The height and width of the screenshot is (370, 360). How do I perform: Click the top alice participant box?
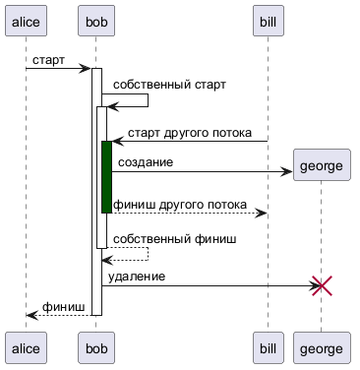pyautogui.click(x=26, y=21)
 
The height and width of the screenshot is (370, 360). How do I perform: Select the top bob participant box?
pyautogui.click(x=96, y=21)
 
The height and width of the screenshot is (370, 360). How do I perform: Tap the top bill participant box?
pyautogui.click(x=268, y=21)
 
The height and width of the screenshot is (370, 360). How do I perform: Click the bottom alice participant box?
pyautogui.click(x=26, y=347)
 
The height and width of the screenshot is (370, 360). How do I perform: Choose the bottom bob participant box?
pyautogui.click(x=96, y=347)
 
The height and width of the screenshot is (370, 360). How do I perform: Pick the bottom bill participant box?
pyautogui.click(x=268, y=347)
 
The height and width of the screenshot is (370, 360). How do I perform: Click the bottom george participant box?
pyautogui.click(x=322, y=347)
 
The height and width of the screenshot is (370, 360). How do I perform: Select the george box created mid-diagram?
pyautogui.click(x=322, y=165)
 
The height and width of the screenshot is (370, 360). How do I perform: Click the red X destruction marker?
pyautogui.click(x=322, y=285)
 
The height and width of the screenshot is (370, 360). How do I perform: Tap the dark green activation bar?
pyautogui.click(x=106, y=177)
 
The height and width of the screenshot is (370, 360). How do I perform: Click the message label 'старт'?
pyautogui.click(x=48, y=60)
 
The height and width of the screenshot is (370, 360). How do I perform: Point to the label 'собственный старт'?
pyautogui.click(x=169, y=85)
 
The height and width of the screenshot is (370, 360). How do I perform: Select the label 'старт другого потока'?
pyautogui.click(x=190, y=133)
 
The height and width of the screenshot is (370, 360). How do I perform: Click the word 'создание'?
pyautogui.click(x=146, y=162)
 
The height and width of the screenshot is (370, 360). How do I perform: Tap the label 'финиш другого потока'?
pyautogui.click(x=180, y=205)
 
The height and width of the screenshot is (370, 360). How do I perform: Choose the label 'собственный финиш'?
pyautogui.click(x=175, y=239)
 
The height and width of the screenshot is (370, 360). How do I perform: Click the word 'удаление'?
pyautogui.click(x=137, y=277)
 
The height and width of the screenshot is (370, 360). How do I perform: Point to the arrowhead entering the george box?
pyautogui.click(x=286, y=171)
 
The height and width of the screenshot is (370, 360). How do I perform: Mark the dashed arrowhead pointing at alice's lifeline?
pyautogui.click(x=31, y=315)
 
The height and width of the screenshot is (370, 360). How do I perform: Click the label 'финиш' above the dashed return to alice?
pyautogui.click(x=64, y=307)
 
